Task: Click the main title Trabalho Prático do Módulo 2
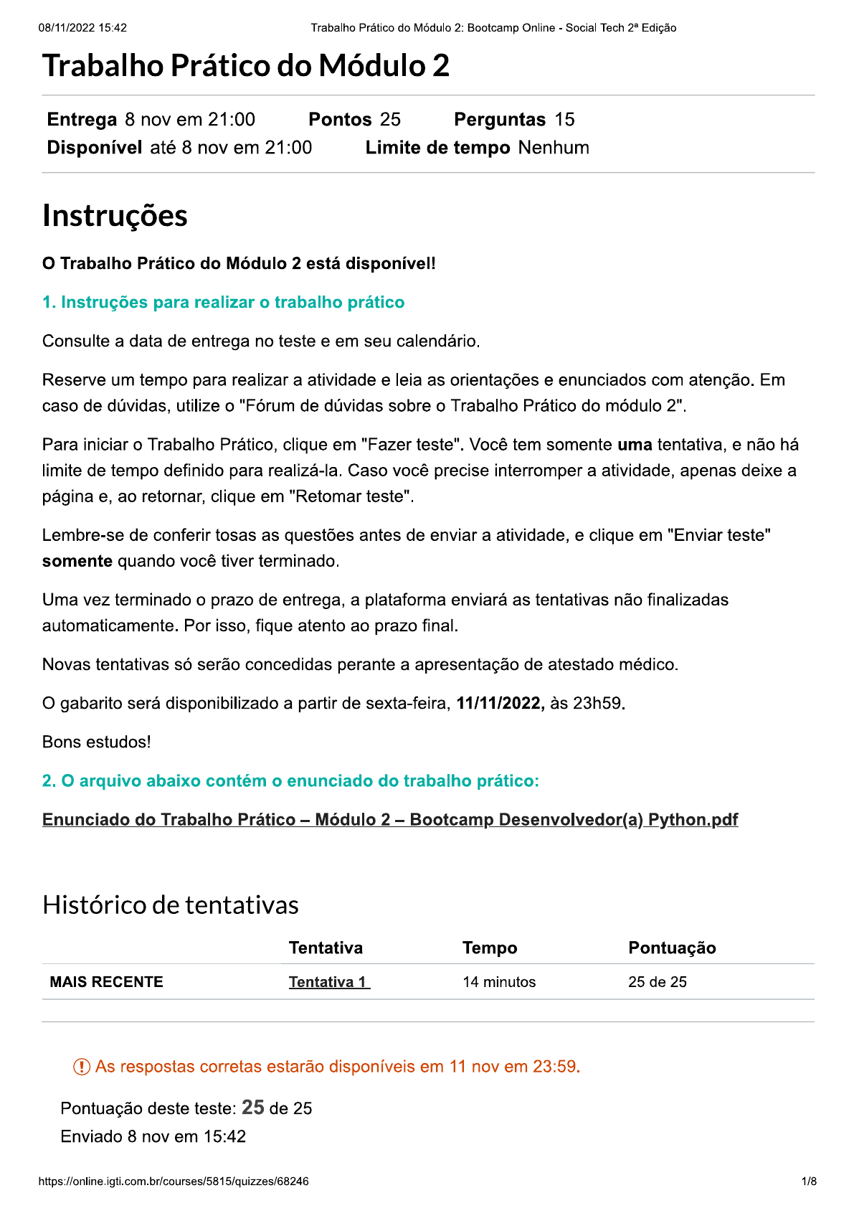pos(246,66)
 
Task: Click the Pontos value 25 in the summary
pos(390,120)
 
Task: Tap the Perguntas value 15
pos(564,120)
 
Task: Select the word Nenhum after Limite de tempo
pos(554,148)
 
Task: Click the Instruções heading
pos(115,216)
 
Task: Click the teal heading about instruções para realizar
pos(223,303)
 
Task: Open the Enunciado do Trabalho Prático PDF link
pos(390,820)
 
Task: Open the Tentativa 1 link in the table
pos(328,982)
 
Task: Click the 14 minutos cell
pos(499,982)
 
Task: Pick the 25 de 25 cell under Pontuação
pos(657,982)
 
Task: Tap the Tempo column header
pos(490,948)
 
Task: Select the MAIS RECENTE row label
pos(106,982)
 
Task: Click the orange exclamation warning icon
pos(82,1067)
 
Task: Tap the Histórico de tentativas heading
pos(171,905)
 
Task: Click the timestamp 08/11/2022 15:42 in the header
pos(82,28)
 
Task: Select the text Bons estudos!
pos(97,742)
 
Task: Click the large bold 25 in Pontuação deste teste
pos(253,1108)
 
